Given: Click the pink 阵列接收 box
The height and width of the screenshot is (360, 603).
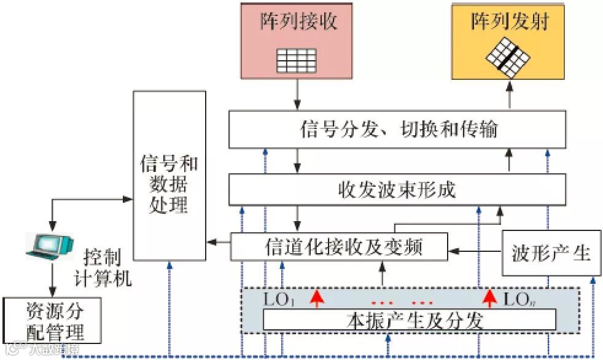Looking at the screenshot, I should coord(297,41).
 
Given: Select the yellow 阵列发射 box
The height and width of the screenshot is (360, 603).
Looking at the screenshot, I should coord(508,41).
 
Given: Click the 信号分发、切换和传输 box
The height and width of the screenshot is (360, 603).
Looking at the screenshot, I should coord(397,130).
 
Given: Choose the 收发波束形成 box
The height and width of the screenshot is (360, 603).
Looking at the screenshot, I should coord(397,189).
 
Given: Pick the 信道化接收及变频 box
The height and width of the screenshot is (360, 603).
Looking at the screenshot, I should coord(338,248).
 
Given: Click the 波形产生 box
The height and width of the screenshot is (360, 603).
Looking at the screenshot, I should coord(551,252).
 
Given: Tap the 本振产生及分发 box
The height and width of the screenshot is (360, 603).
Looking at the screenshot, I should coord(409,320).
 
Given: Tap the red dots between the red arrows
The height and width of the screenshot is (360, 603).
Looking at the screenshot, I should coord(403,302).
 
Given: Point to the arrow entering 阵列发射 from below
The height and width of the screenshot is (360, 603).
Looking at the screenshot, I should coord(508,95).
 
